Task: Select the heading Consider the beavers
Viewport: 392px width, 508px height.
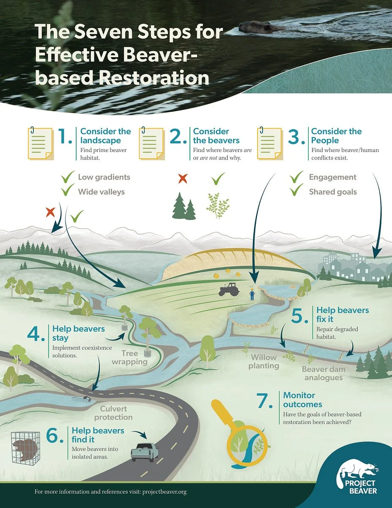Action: (211, 135)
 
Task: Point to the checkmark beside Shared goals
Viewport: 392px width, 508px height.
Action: (296, 191)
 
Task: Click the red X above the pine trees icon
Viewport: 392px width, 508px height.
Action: (183, 178)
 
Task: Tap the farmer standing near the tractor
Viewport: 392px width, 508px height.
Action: (252, 293)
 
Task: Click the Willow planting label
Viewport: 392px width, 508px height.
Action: (263, 361)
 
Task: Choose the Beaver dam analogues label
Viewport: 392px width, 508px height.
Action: (323, 373)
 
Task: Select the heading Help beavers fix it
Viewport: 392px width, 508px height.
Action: (342, 315)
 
